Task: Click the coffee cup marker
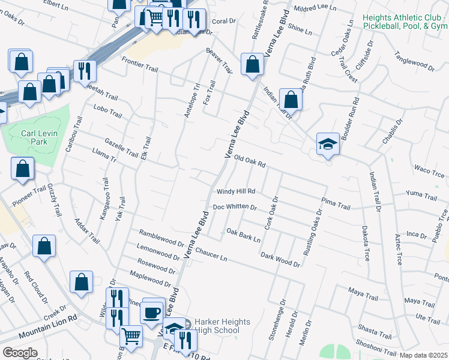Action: [x=153, y=312]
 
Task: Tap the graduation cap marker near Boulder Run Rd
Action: [x=328, y=145]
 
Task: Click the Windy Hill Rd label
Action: [x=236, y=192]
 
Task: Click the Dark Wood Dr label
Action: [x=280, y=259]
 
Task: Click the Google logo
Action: [x=20, y=352]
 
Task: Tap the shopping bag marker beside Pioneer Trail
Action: [x=22, y=169]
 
